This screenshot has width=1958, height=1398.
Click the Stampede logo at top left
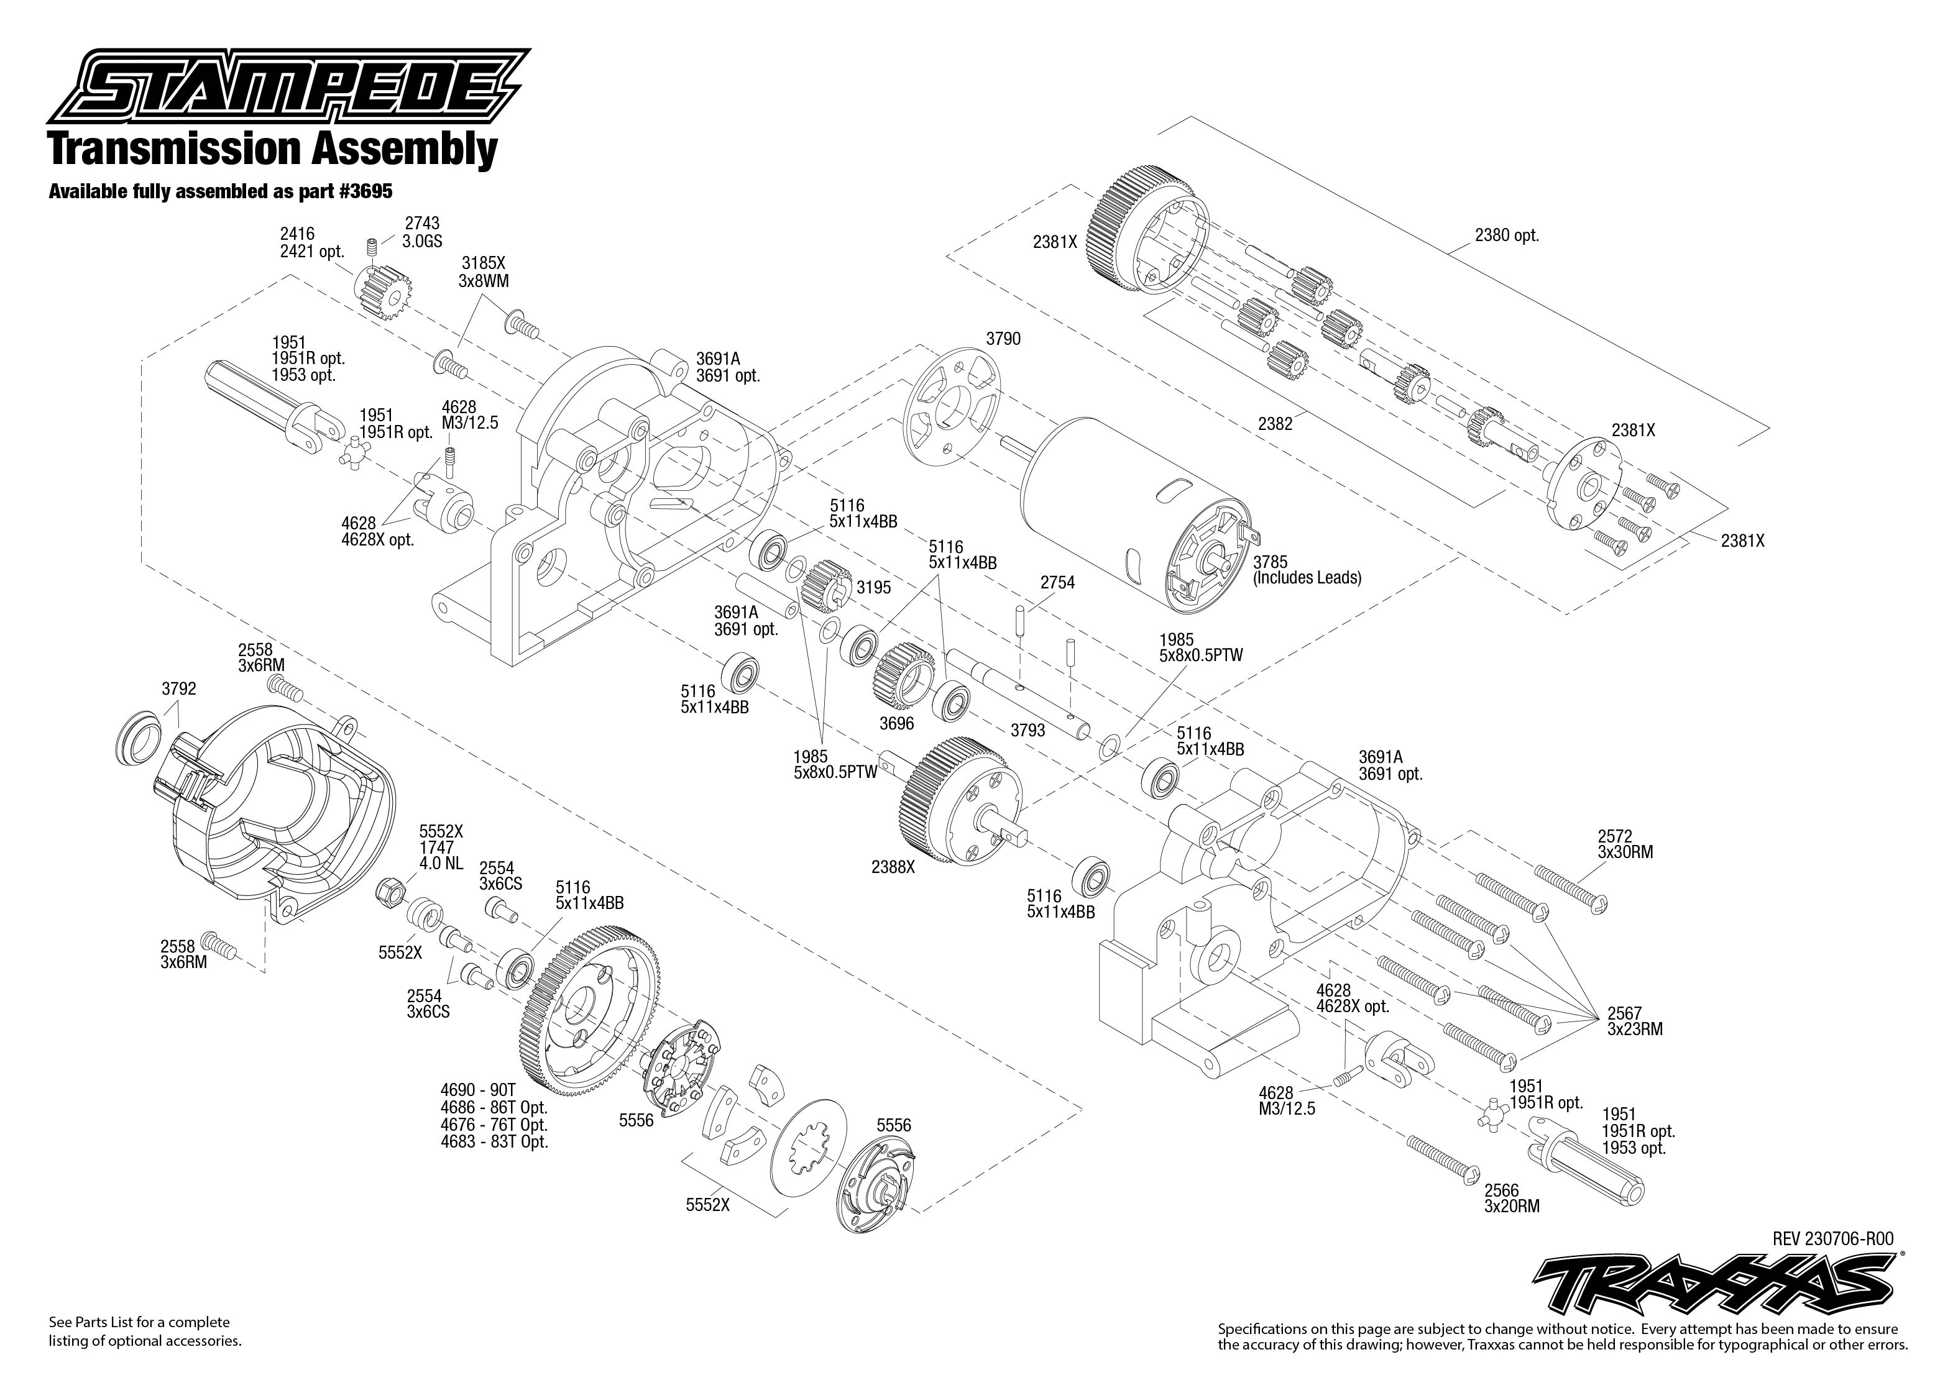pos(288,87)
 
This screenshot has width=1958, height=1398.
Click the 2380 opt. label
pos(1506,235)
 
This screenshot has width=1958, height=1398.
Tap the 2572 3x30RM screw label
pos(1625,844)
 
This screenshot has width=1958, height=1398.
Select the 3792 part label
pos(178,688)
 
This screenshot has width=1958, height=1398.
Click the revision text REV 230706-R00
pos(1832,1239)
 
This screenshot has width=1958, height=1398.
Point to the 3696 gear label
pos(896,724)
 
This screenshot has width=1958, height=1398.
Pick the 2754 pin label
pos(1057,583)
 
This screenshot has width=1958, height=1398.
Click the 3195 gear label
pos(873,588)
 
